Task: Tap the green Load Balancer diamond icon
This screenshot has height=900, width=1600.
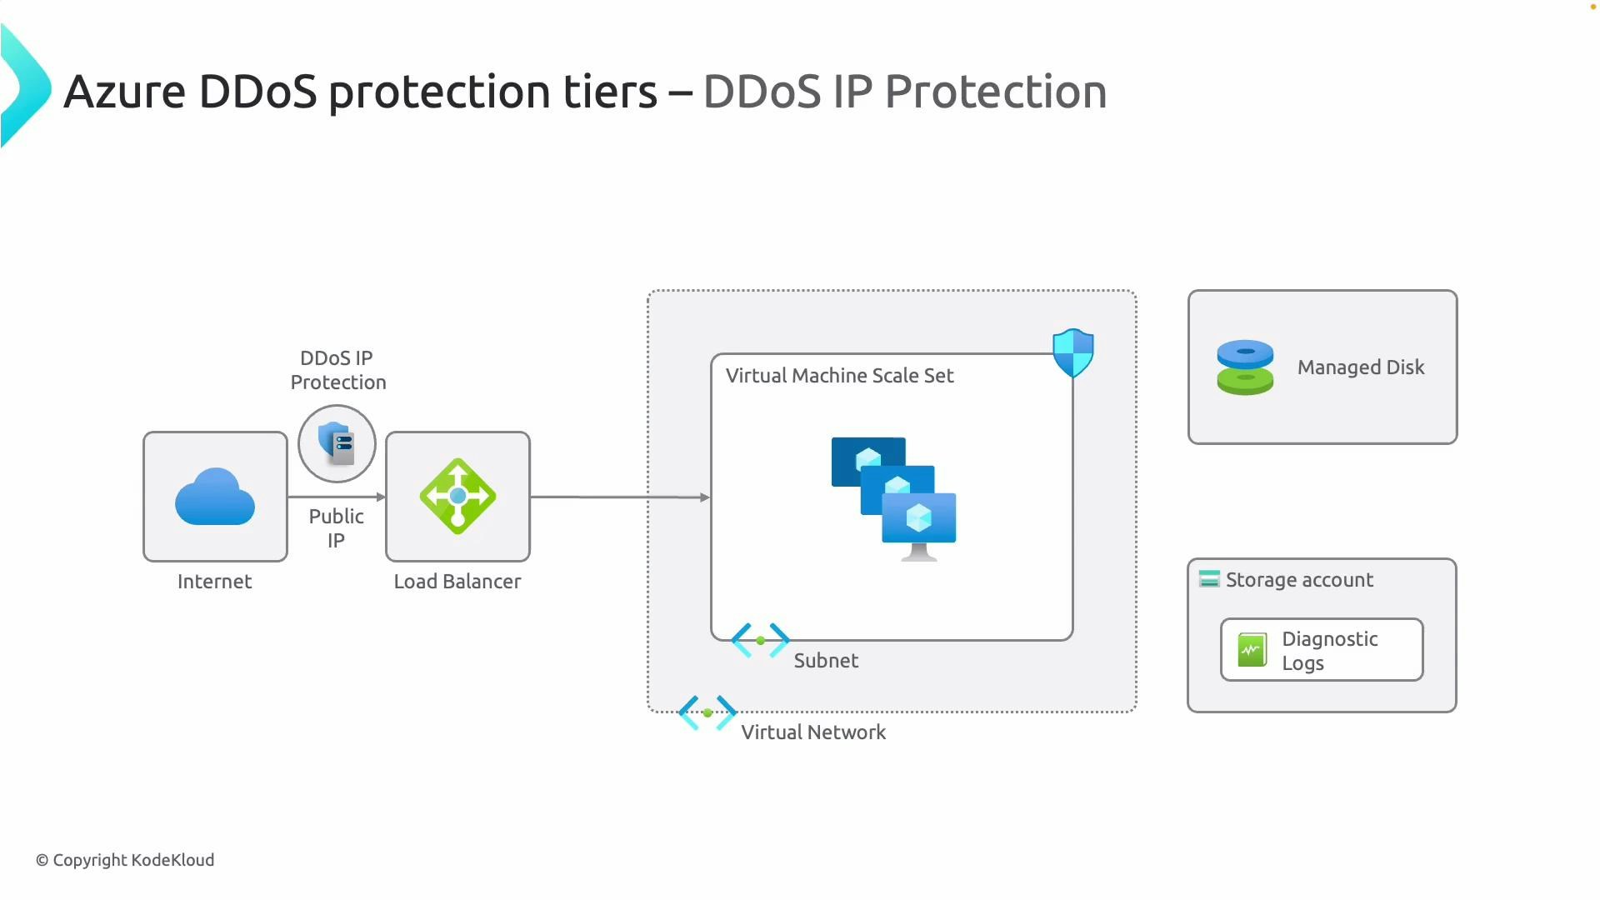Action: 457,497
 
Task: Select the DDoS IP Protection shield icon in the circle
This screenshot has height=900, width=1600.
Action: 337,443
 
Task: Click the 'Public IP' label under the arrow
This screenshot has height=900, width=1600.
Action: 336,527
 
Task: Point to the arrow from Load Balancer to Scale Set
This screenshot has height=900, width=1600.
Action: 620,497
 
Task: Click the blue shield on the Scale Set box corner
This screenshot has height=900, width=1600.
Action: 1072,352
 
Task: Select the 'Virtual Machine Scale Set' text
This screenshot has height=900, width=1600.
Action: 839,376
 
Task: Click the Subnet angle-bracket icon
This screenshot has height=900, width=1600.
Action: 760,640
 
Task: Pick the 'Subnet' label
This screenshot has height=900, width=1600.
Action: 825,661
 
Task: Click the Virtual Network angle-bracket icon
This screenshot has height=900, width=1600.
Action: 707,712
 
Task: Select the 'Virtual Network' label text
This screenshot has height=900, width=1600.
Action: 812,732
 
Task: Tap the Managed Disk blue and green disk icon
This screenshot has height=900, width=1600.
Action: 1245,367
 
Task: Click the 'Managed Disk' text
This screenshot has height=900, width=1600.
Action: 1360,367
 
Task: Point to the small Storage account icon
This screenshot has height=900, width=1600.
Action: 1208,579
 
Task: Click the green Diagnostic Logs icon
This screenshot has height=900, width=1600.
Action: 1252,650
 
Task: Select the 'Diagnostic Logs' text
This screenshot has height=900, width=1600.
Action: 1328,651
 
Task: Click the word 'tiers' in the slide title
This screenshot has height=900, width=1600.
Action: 610,92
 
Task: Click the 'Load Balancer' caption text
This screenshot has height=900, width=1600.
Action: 457,582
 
